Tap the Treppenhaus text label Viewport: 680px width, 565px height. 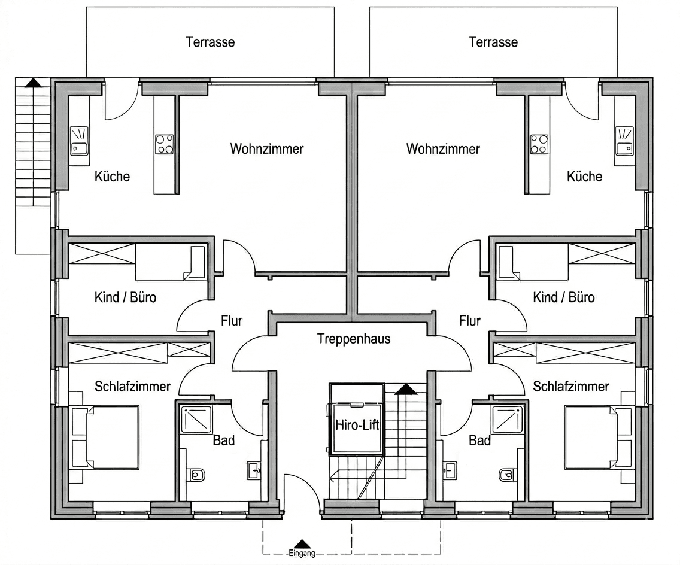click(353, 339)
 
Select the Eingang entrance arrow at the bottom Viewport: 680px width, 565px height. click(303, 544)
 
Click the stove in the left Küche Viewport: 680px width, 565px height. click(165, 144)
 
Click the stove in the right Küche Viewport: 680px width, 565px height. click(539, 144)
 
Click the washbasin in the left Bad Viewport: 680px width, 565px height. click(254, 470)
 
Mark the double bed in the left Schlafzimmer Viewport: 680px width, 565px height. click(106, 437)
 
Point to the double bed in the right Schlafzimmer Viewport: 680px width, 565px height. click(597, 437)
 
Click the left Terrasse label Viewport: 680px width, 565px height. click(210, 42)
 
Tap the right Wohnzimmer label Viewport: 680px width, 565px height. click(443, 148)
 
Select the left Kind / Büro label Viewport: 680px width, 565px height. click(125, 297)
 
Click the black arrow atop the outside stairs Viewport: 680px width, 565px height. click(34, 83)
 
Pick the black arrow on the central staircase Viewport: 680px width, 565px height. click(406, 390)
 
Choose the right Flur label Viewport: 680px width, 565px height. click(470, 321)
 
